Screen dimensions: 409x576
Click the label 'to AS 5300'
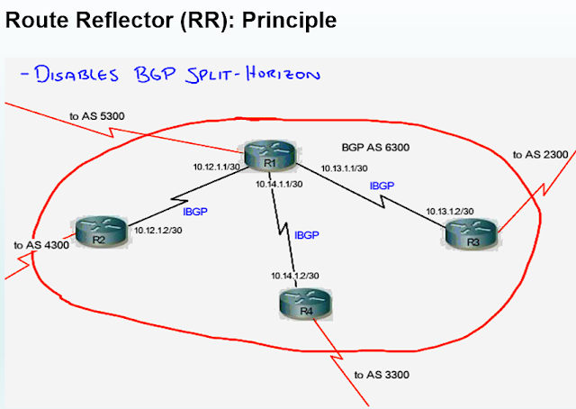tap(94, 115)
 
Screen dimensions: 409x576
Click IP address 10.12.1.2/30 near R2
tap(158, 232)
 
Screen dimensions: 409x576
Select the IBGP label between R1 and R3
tap(382, 186)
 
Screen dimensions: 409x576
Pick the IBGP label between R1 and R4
tap(308, 234)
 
